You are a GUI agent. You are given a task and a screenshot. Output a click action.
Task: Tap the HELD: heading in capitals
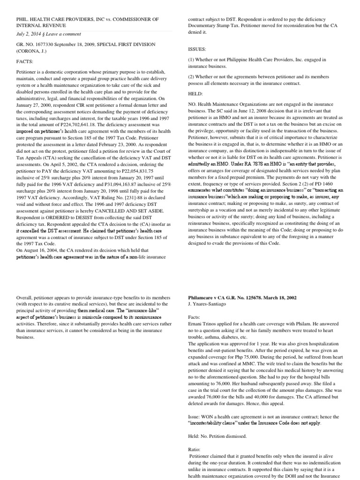(x=196, y=93)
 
